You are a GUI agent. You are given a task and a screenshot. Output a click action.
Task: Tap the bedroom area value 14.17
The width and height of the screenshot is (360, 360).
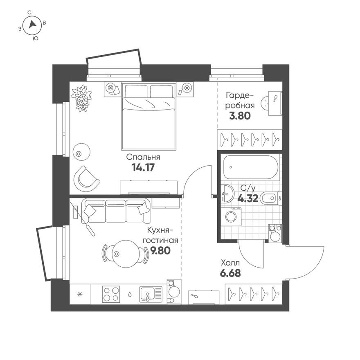(x=143, y=167)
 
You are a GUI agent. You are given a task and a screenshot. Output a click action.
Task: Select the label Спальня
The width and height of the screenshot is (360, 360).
(x=143, y=157)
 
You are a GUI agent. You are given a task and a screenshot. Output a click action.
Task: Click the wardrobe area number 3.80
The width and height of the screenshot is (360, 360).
(x=239, y=115)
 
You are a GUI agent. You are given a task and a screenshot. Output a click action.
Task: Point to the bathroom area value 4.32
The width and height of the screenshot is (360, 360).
(x=248, y=198)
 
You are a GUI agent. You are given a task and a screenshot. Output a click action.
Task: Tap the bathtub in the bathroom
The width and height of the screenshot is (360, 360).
(x=250, y=167)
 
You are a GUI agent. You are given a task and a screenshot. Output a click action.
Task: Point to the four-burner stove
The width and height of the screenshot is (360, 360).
(x=110, y=293)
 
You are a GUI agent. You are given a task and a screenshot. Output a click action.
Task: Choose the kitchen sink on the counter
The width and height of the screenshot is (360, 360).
(x=148, y=294)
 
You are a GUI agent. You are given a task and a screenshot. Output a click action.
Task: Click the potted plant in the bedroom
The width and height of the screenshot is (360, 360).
(x=81, y=97)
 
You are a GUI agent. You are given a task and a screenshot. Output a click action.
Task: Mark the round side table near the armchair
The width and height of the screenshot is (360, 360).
(x=81, y=151)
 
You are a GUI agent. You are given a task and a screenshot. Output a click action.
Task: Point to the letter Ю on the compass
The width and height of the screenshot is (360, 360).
(x=36, y=38)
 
